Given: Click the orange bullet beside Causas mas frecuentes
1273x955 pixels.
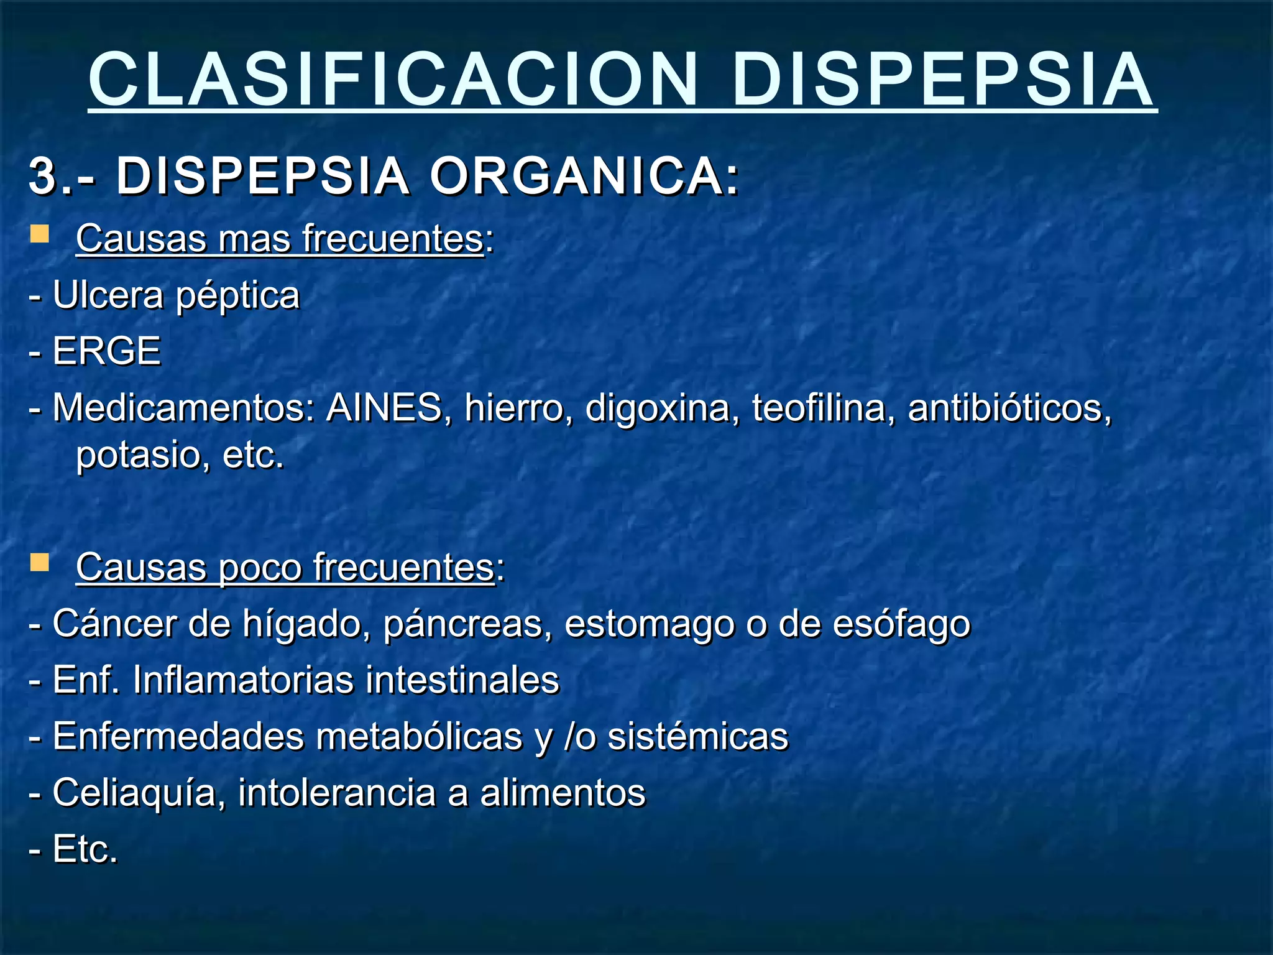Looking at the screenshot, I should click(x=40, y=234).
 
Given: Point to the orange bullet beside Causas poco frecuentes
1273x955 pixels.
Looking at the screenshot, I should click(x=40, y=563).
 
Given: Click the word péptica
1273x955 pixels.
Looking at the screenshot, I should click(x=237, y=296).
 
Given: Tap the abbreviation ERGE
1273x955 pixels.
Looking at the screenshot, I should click(x=107, y=351).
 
